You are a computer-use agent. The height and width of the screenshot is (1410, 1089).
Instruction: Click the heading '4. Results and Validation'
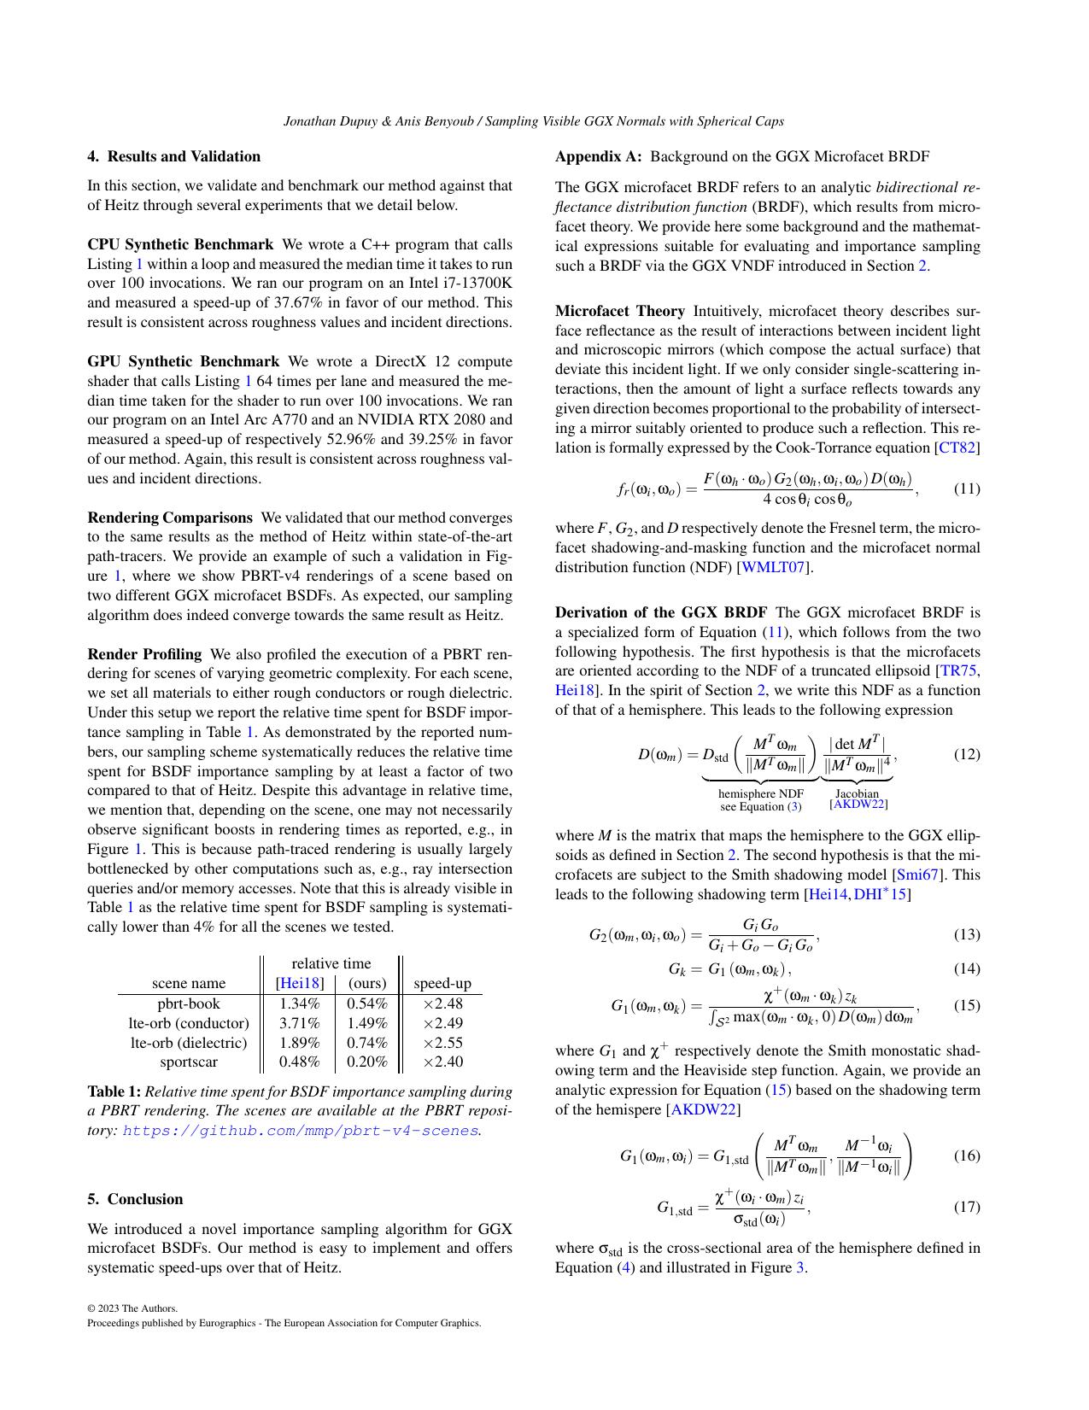click(173, 156)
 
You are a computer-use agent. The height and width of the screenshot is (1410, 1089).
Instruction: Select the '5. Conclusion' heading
click(135, 1199)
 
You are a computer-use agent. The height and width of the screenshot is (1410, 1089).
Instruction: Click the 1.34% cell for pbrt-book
click(299, 1003)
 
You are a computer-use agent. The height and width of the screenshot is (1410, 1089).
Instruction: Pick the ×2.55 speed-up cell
click(442, 1043)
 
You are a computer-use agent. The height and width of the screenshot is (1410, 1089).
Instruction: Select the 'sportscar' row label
click(189, 1062)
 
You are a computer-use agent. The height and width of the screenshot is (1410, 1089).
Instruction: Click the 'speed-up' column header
click(442, 983)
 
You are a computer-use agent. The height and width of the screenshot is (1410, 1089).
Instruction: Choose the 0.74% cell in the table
click(367, 1043)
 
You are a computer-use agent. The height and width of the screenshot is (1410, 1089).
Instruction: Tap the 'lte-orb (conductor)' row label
click(189, 1023)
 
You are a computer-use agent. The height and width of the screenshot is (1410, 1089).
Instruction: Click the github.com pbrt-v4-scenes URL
click(300, 1131)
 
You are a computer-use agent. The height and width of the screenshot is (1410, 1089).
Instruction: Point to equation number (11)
click(966, 489)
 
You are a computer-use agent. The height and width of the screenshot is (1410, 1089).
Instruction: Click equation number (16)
click(966, 1155)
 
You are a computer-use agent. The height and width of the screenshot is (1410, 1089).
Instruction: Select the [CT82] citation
click(958, 448)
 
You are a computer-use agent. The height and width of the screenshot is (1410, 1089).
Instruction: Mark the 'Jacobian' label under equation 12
click(857, 793)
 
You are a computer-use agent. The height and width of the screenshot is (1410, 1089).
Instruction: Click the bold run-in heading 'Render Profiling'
click(144, 654)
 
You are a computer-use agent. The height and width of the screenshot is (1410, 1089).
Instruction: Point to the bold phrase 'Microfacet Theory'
click(619, 311)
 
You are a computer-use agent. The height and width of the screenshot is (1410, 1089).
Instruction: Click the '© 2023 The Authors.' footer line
click(132, 1308)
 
